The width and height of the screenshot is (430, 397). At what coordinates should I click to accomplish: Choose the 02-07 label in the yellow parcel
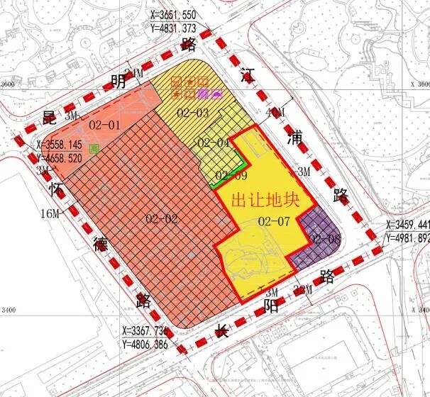click(275, 221)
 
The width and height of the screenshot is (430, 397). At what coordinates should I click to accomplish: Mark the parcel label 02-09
click(231, 176)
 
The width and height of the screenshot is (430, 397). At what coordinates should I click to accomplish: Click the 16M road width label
click(50, 213)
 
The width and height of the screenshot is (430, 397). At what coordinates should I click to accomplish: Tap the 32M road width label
click(303, 289)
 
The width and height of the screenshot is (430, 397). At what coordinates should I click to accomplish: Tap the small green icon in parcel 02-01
click(94, 150)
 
